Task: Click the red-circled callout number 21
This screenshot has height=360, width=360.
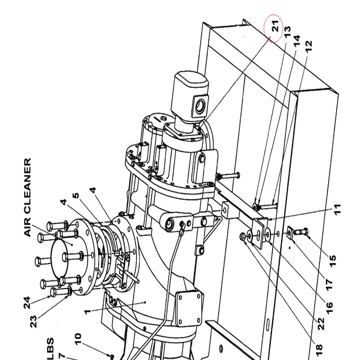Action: click(x=275, y=26)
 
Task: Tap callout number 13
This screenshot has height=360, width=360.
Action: click(x=288, y=31)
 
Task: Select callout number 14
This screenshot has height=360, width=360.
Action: click(x=297, y=41)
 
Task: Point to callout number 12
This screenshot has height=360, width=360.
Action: click(x=309, y=46)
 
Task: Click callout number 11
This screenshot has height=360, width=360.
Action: click(x=337, y=209)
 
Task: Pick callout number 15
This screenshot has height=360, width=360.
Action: click(x=333, y=261)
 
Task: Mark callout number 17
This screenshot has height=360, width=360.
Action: click(x=329, y=284)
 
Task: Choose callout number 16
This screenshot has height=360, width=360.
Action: click(x=329, y=308)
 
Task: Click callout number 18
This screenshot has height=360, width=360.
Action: click(x=319, y=351)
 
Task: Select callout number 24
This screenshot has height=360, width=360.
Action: click(x=27, y=302)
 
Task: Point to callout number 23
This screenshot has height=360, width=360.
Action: click(x=33, y=322)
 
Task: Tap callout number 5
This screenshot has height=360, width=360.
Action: click(x=76, y=196)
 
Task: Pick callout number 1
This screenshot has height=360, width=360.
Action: click(x=87, y=312)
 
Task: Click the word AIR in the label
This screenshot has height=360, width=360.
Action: click(x=27, y=230)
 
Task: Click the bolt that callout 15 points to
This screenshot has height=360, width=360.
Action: click(x=301, y=231)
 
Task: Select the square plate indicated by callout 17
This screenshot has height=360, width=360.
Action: click(x=290, y=233)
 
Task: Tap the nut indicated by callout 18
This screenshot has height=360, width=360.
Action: click(x=242, y=236)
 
